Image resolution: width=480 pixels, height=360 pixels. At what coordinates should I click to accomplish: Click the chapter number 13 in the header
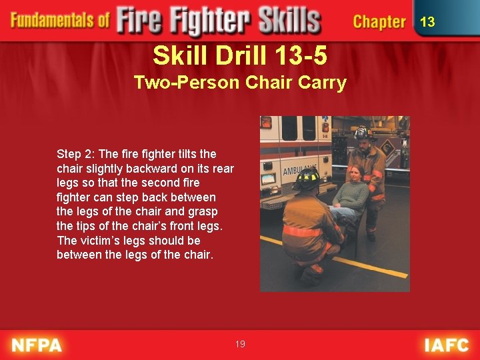[427, 22]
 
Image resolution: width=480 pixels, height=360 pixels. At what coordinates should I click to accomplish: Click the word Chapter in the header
[379, 22]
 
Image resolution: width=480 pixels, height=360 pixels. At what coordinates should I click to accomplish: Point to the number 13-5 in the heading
[296, 56]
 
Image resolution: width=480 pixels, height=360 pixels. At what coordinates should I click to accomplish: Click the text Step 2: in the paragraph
[76, 154]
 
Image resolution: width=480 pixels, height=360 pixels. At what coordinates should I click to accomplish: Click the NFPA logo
[37, 345]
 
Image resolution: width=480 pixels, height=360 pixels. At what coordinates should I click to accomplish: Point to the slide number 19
[240, 344]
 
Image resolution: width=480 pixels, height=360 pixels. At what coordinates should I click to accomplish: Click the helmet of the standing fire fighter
[363, 131]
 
